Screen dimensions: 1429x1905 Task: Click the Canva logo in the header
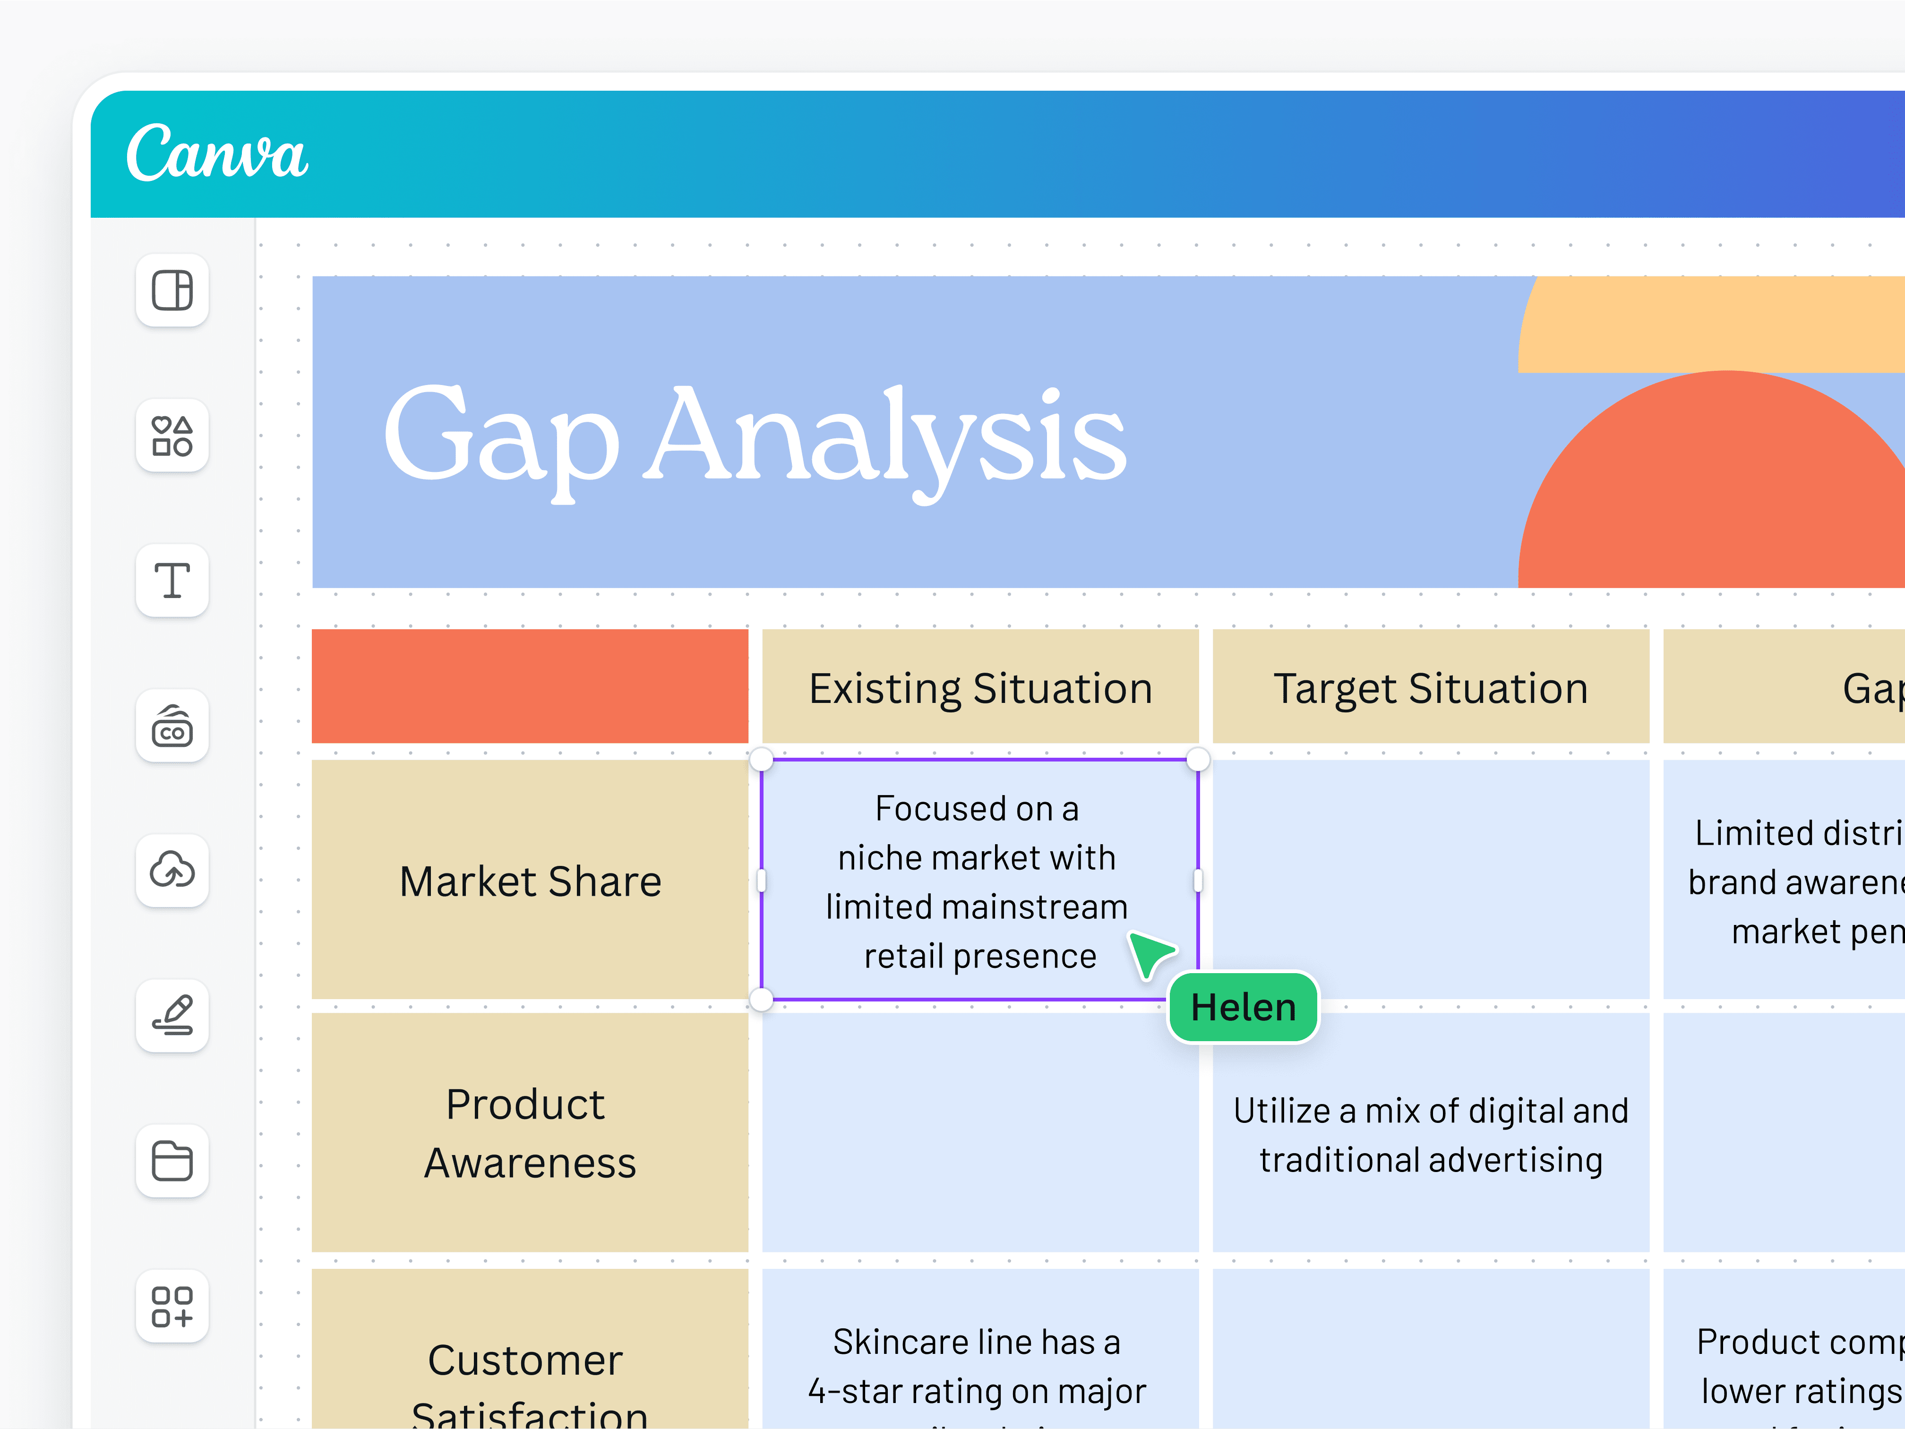pyautogui.click(x=216, y=153)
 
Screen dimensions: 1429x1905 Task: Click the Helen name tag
pyautogui.click(x=1243, y=1007)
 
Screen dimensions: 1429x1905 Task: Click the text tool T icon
pyautogui.click(x=172, y=580)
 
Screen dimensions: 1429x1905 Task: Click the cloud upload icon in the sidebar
pyautogui.click(x=172, y=870)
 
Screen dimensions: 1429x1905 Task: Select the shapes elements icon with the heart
pyautogui.click(x=172, y=436)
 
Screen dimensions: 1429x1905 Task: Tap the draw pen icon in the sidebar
pyautogui.click(x=172, y=1016)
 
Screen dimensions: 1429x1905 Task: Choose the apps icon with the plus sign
pyautogui.click(x=172, y=1306)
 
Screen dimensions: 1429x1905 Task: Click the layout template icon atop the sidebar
pyautogui.click(x=172, y=290)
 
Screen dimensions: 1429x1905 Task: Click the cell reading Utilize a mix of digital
pyautogui.click(x=1431, y=1135)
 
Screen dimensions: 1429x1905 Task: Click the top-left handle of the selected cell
pyautogui.click(x=761, y=759)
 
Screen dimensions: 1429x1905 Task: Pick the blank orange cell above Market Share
pyautogui.click(x=530, y=686)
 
